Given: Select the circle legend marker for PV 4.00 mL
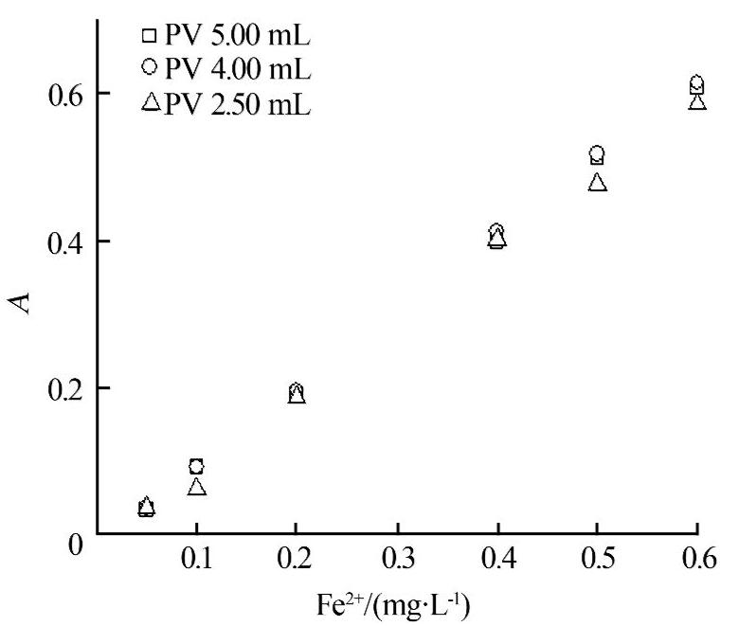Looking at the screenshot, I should (x=148, y=69).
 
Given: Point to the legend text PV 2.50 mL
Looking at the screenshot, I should (x=237, y=102).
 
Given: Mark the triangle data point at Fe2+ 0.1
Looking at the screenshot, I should (x=196, y=487).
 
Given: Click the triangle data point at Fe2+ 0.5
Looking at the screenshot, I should (x=597, y=182).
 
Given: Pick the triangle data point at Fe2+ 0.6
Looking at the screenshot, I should (x=697, y=100).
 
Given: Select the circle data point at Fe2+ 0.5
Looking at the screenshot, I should (x=597, y=153).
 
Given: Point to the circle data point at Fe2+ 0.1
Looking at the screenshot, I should (x=196, y=466).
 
